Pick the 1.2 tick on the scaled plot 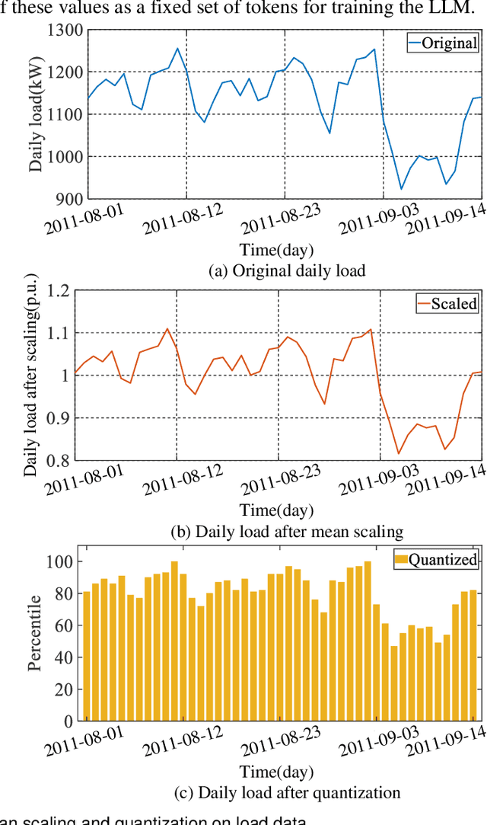point(59,291)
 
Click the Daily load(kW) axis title point(37,114)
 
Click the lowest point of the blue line point(402,189)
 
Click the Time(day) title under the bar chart point(277,771)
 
